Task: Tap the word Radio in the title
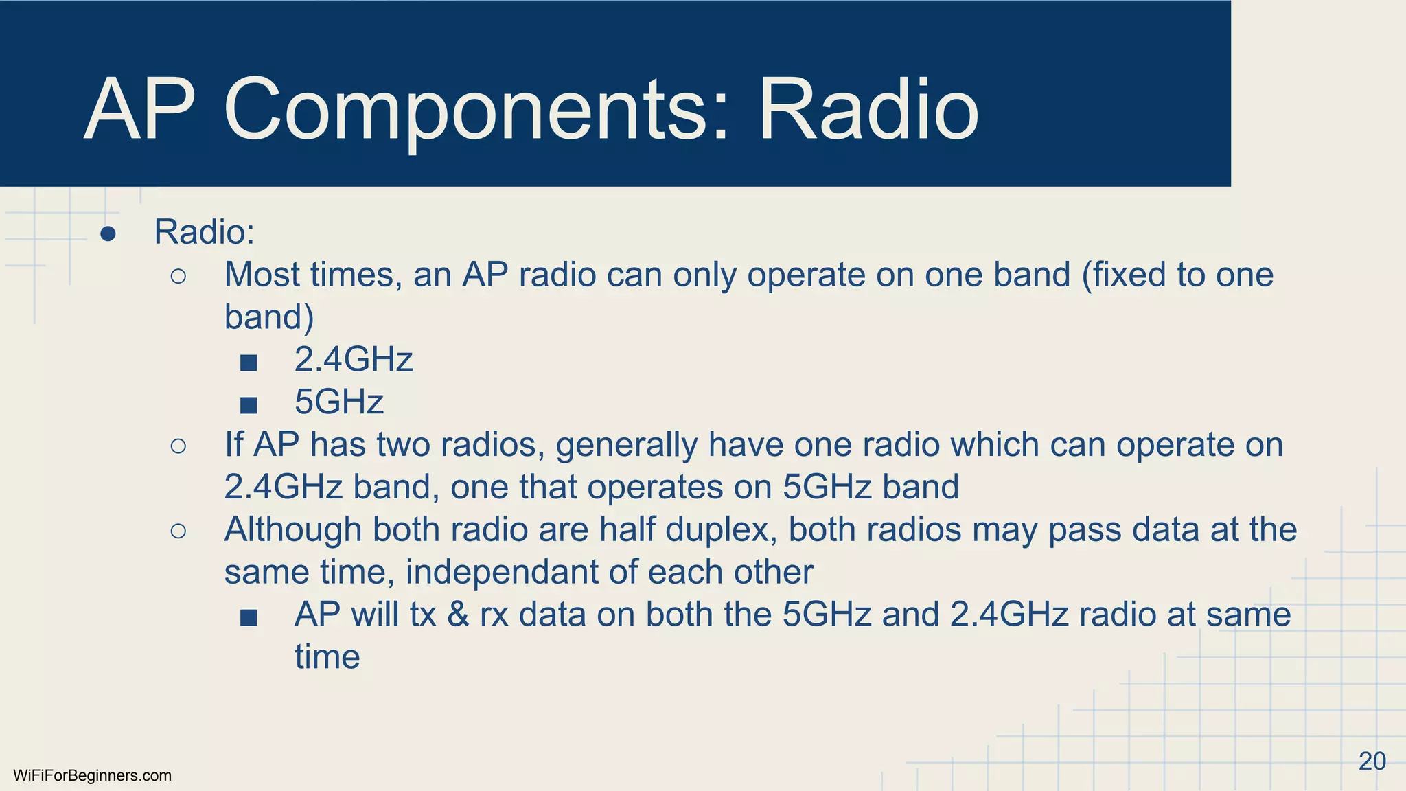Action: tap(868, 110)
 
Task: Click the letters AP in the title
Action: tap(140, 110)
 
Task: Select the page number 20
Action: tap(1372, 761)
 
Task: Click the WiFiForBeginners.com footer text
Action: tap(92, 776)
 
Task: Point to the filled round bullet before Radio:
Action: tap(108, 234)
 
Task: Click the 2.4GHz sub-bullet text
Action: tap(353, 360)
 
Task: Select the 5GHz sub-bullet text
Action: tap(338, 402)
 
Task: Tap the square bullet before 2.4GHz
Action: tap(249, 363)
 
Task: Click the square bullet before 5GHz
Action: tap(249, 405)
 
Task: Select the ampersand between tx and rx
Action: tap(457, 615)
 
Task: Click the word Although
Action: tap(293, 529)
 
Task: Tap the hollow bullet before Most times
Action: tap(178, 277)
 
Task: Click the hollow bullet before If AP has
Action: tap(178, 446)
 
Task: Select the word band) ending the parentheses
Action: tap(269, 317)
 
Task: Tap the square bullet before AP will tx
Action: tap(249, 618)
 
